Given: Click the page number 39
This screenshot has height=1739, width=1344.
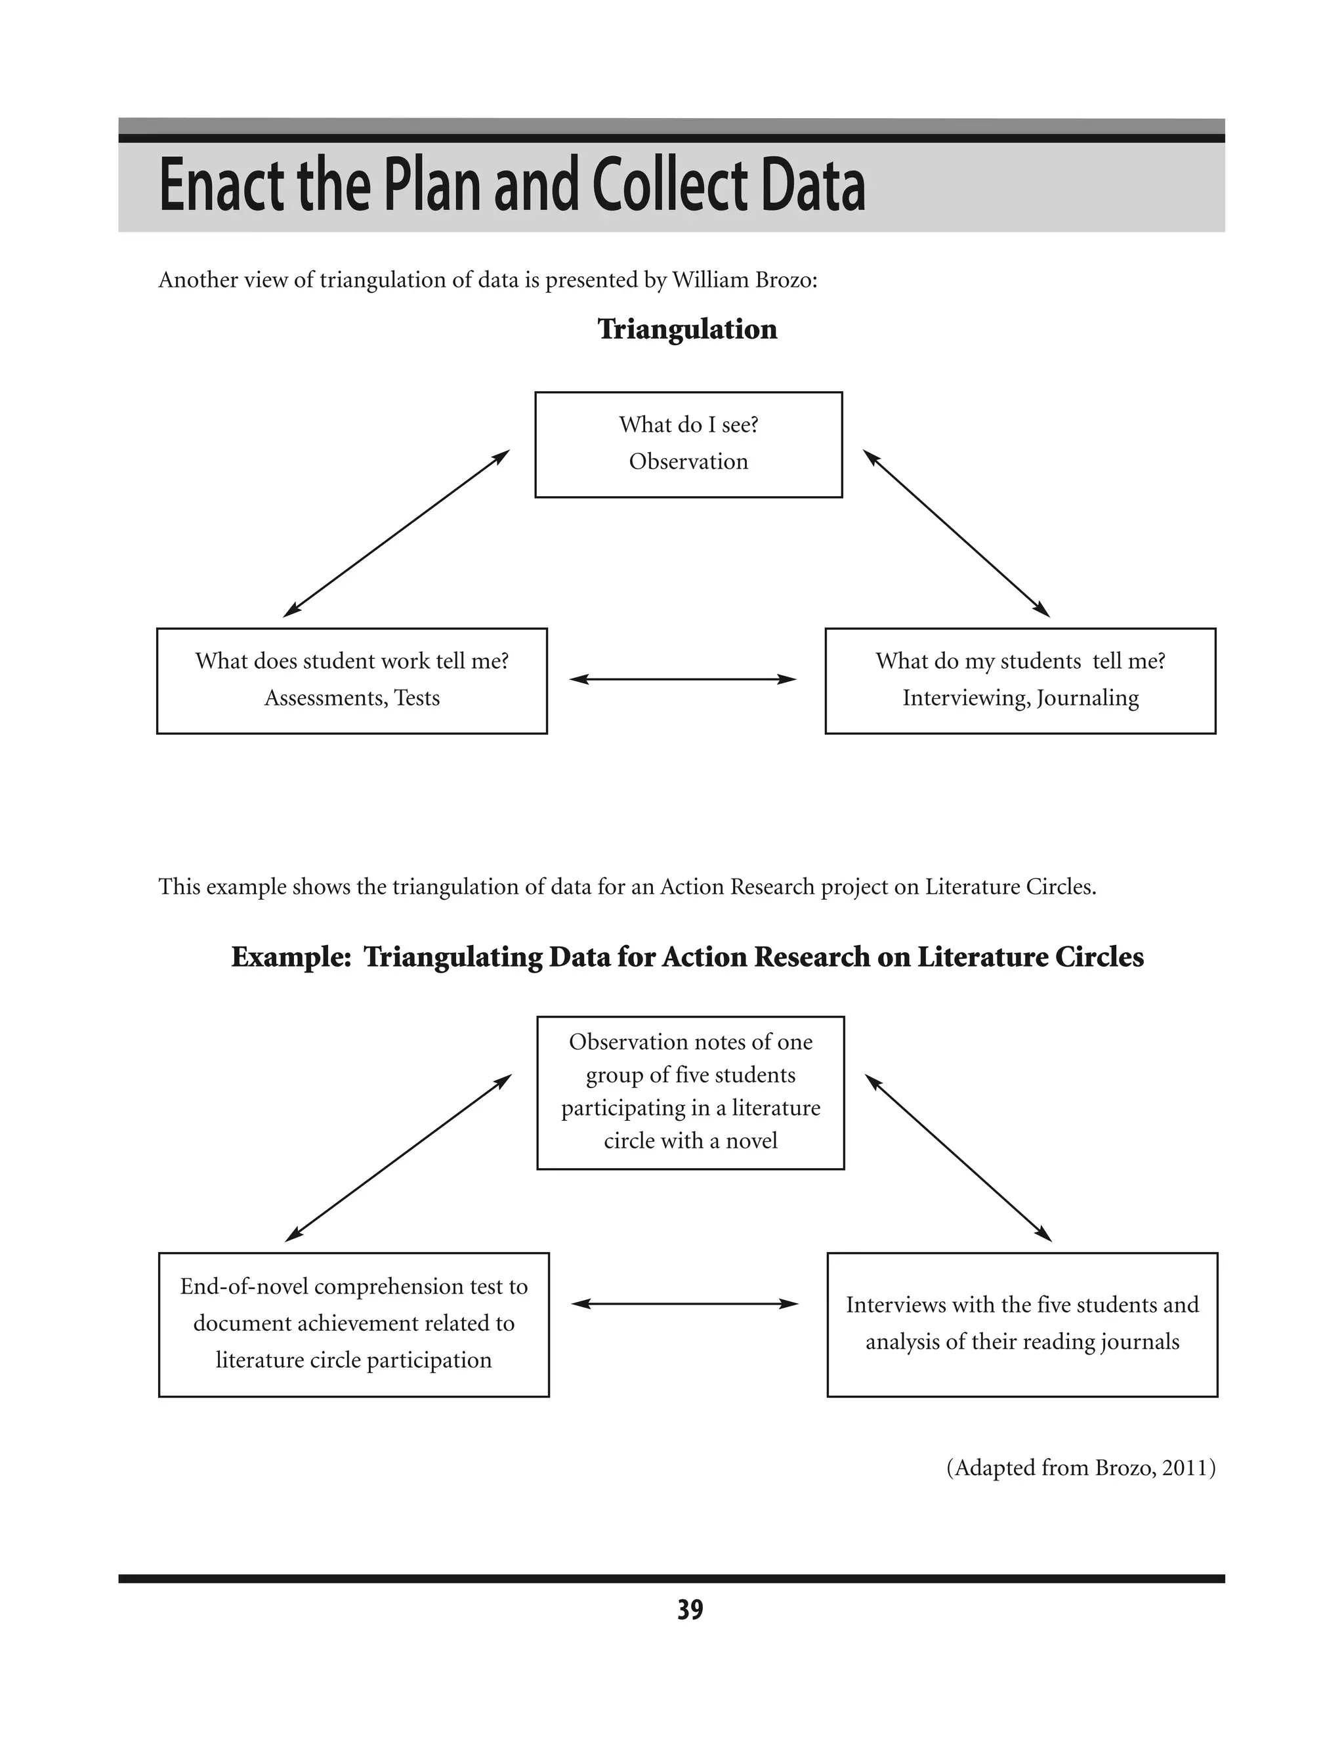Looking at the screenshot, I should (x=690, y=1609).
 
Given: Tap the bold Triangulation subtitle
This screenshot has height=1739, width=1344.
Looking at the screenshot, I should (x=687, y=329).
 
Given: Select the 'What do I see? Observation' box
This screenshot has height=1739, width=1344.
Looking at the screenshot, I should (x=688, y=444).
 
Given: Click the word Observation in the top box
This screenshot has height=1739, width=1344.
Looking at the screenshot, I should (x=688, y=461).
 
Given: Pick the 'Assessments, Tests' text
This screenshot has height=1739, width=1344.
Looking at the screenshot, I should (x=352, y=698).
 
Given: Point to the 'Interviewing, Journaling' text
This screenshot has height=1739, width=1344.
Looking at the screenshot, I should (x=1020, y=698).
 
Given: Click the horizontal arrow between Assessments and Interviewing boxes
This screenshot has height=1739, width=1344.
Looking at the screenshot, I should (x=683, y=679).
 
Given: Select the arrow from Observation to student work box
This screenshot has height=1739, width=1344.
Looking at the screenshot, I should (x=396, y=533).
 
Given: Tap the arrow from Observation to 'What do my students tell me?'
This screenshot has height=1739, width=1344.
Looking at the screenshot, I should (x=956, y=534).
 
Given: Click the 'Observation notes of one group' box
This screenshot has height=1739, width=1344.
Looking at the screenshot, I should (x=690, y=1093).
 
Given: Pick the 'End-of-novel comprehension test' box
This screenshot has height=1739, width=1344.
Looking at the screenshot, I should (x=354, y=1324).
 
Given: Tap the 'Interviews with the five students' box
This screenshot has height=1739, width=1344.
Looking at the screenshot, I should (x=1022, y=1324).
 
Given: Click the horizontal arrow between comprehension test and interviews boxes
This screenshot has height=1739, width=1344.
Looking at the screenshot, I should (x=684, y=1303).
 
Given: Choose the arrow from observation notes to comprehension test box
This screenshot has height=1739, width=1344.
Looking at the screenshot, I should (x=398, y=1158).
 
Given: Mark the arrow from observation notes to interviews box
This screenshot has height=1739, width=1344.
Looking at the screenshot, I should (x=958, y=1158).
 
